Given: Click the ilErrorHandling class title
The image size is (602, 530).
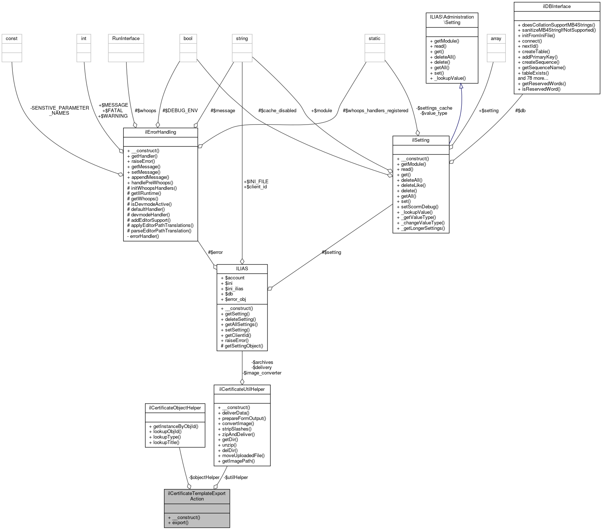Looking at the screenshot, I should [160, 132].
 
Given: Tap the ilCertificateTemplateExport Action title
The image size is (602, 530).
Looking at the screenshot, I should [197, 496].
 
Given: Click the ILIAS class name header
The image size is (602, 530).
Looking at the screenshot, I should [242, 268].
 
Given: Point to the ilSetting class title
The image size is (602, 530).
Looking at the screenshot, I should [421, 140].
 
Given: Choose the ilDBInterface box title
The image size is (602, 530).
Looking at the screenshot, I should [556, 7].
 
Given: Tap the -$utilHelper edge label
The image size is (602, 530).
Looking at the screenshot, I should [236, 477].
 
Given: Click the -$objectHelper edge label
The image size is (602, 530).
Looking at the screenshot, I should [204, 477].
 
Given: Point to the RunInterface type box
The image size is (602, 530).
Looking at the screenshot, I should [126, 39].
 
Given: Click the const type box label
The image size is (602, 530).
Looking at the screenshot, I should [12, 39].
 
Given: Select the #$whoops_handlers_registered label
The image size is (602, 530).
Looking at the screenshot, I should [375, 111].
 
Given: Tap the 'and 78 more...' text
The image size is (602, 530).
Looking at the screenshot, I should [533, 78].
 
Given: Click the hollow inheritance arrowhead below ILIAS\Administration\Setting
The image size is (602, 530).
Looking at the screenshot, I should [461, 86].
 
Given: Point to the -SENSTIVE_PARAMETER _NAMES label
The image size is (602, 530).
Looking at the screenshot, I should [60, 110].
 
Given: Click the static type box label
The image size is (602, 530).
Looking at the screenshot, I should [374, 39].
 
